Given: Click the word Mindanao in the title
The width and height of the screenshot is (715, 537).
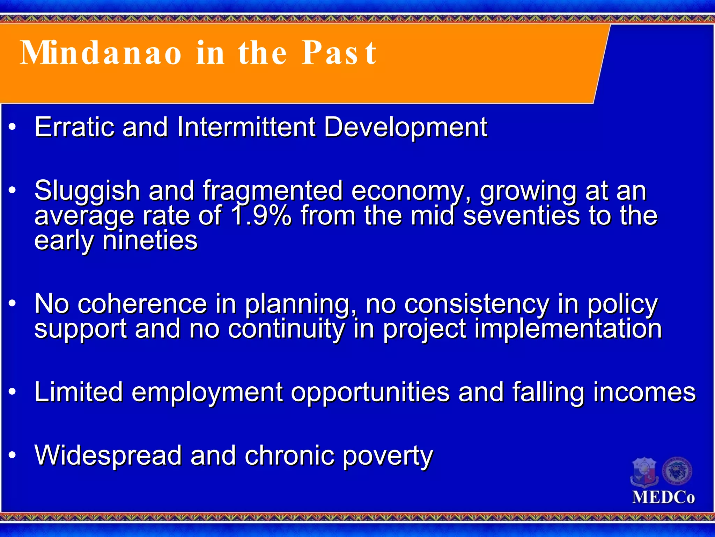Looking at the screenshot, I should (x=101, y=53).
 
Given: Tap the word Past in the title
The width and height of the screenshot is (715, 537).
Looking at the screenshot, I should (x=339, y=53).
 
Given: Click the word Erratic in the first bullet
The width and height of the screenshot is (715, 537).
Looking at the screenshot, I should (x=74, y=127).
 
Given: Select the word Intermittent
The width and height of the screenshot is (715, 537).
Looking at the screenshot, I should (x=246, y=127).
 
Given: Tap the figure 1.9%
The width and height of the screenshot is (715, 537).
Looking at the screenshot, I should (x=261, y=216).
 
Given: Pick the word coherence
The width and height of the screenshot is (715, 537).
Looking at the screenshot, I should (x=142, y=304).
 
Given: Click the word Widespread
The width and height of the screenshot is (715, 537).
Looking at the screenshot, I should (x=108, y=456).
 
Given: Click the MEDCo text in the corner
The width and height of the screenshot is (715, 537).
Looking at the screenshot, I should (x=663, y=497).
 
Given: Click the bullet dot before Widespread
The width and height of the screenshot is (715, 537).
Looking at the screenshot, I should (x=13, y=455).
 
